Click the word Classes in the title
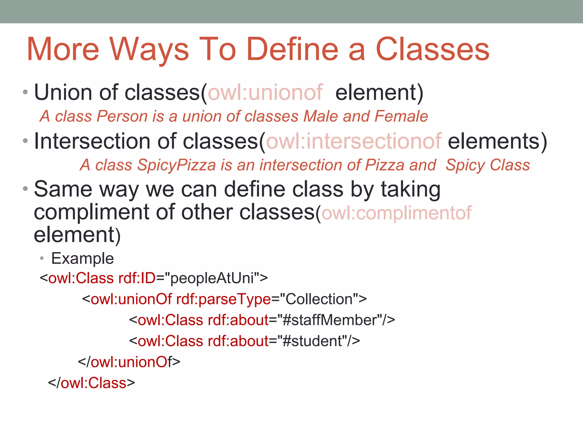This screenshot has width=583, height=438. point(432,50)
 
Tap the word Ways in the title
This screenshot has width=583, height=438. point(149,50)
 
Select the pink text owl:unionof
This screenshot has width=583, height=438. point(265,93)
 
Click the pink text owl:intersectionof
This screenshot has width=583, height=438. point(354,141)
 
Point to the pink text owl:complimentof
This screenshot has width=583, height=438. point(396,213)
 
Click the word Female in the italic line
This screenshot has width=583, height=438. point(401,116)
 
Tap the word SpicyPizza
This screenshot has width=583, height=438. point(176,165)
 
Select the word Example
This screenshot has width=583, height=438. point(83,259)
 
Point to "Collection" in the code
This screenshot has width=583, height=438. point(319,299)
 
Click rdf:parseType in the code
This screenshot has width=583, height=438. point(223,299)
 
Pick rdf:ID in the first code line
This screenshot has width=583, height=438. point(137,278)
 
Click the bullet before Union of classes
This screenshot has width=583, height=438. point(25,92)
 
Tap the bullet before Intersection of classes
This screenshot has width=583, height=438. point(25,141)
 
